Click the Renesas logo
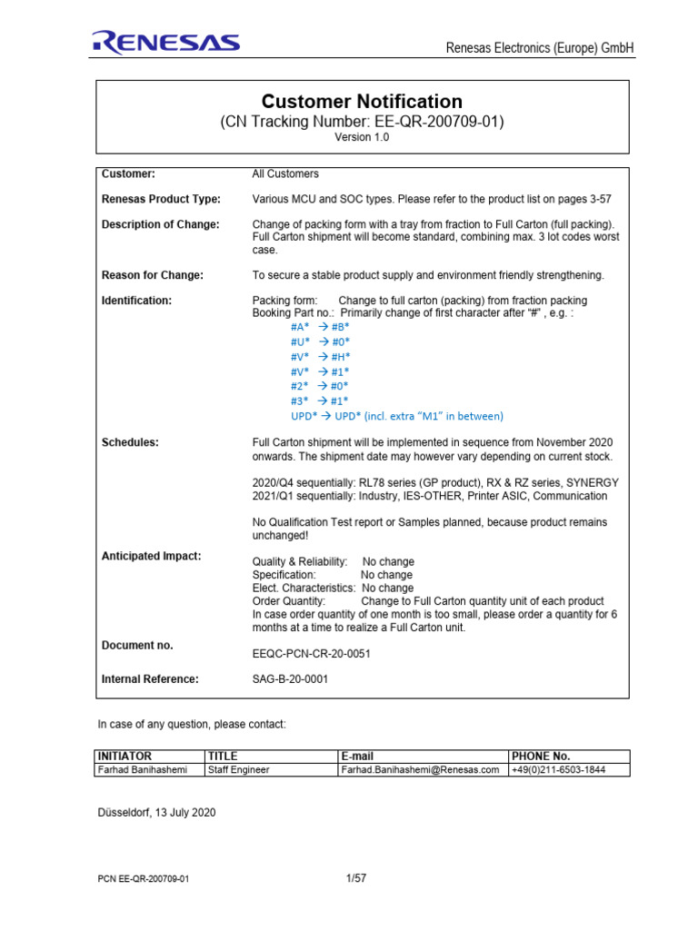coord(165,43)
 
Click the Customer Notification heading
coord(362,102)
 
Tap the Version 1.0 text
coord(362,137)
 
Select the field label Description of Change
coord(160,225)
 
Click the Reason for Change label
coord(152,275)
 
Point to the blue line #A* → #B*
coord(320,326)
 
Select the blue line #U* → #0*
coord(320,341)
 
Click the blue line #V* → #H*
coord(320,357)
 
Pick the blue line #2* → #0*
coord(319,386)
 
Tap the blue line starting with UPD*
coord(396,416)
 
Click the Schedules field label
coord(130,442)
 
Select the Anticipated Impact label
coord(151,556)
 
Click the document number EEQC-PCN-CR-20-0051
coord(311,653)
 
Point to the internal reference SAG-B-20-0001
coord(290,678)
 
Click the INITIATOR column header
coord(125,756)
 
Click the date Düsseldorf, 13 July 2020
coord(156,813)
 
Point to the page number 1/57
coord(355,878)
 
